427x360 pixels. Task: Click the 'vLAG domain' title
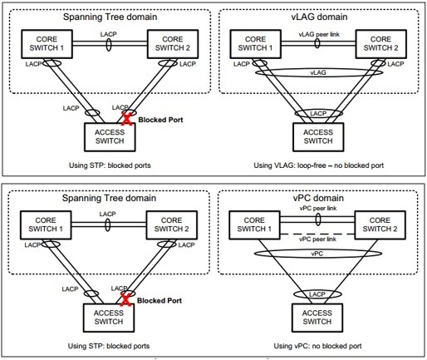pos(319,17)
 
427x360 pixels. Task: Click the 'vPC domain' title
pos(318,198)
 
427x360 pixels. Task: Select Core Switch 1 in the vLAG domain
pos(255,44)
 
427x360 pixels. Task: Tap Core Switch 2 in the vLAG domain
pos(380,44)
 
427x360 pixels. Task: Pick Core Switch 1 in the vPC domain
pos(254,224)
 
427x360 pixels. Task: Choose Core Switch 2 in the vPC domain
pos(380,224)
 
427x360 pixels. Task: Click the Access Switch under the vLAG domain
pos(318,137)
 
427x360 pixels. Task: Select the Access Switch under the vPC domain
pos(317,318)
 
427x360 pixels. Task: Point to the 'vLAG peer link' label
pos(319,34)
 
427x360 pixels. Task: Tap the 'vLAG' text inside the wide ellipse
pos(318,72)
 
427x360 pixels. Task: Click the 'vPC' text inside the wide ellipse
pos(317,254)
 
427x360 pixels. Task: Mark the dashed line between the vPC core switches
pos(317,234)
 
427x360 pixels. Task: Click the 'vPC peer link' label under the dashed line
pos(317,239)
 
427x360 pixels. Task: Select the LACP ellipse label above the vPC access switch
pos(317,294)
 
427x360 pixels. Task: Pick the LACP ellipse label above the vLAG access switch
pos(318,113)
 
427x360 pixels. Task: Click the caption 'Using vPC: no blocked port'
pos(317,346)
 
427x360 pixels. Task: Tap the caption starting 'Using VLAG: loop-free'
pos(319,165)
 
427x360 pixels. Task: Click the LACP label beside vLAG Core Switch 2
pos(395,64)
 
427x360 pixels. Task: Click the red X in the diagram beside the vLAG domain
pos(126,119)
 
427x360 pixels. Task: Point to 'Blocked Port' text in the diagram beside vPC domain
pos(160,301)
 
